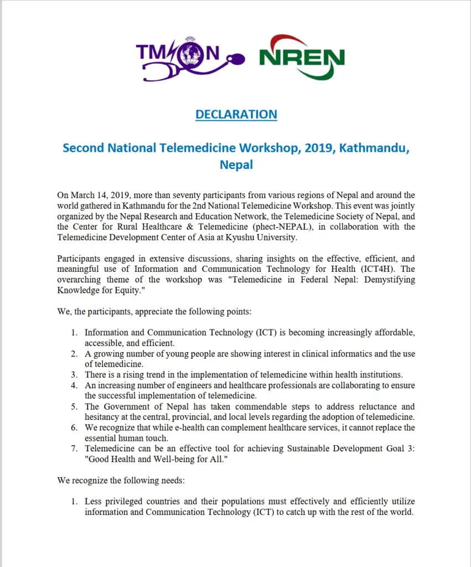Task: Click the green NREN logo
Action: pyautogui.click(x=302, y=58)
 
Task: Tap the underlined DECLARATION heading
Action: pyautogui.click(x=236, y=115)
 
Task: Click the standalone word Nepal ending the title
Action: pyautogui.click(x=236, y=165)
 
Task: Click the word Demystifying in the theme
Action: pyautogui.click(x=382, y=279)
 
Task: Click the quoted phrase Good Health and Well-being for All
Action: pyautogui.click(x=152, y=459)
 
